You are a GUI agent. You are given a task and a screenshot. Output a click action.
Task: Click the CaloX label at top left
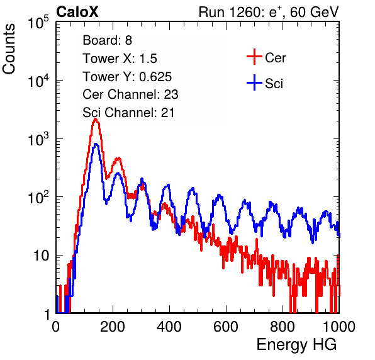pos(77,12)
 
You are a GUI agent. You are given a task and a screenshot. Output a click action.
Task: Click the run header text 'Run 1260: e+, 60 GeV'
pos(269,12)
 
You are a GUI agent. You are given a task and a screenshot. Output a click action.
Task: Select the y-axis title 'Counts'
pos(9,49)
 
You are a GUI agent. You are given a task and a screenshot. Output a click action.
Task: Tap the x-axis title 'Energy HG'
pos(296,345)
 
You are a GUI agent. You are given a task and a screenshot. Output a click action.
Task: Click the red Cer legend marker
pos(254,57)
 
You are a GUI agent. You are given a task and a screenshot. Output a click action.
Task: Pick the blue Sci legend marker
pos(254,82)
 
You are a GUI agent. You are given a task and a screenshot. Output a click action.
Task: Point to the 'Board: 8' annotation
pos(107,40)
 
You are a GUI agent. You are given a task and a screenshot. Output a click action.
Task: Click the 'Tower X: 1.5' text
pos(120,59)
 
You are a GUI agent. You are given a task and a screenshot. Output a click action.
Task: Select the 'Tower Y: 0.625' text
pos(127,77)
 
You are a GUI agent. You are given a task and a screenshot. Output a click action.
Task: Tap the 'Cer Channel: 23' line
pos(130,94)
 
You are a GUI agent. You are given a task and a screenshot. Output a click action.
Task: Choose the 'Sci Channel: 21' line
pos(128,113)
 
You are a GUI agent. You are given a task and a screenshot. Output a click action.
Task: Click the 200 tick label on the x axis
pos(113,327)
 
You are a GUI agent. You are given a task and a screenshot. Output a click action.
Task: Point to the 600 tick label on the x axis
pos(226,327)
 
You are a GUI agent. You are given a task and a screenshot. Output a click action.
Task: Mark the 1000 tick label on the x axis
pos(339,327)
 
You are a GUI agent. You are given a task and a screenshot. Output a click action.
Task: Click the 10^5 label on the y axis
pos(38,23)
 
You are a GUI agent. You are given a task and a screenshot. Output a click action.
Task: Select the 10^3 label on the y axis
pos(38,140)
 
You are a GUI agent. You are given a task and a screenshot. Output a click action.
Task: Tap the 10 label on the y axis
pos(41,256)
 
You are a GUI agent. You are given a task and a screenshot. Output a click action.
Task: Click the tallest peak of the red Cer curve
pos(96,119)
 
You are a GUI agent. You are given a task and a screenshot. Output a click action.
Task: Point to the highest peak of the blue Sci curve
pos(96,144)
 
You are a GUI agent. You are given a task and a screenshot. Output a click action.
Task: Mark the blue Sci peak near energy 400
pos(169,185)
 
